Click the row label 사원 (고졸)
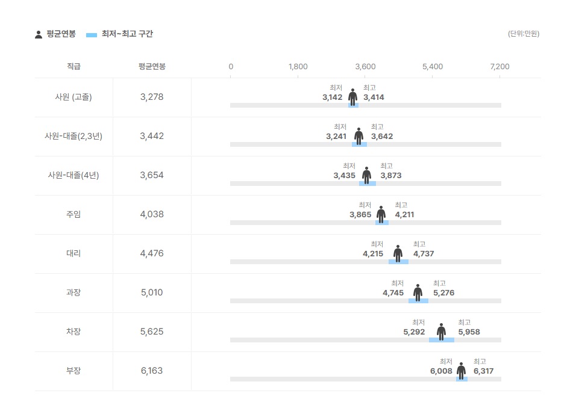tap(74, 97)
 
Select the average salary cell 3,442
tap(152, 136)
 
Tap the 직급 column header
tap(74, 66)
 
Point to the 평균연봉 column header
tap(152, 66)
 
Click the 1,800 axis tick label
tap(298, 66)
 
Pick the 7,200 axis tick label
tap(499, 66)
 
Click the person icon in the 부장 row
tap(461, 371)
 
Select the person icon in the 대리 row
tap(398, 253)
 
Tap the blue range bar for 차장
tap(442, 340)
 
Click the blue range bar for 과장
tap(418, 301)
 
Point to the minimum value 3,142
tap(332, 97)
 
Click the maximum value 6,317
tap(483, 371)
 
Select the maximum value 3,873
tap(390, 176)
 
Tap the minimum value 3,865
tap(360, 215)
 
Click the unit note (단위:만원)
tap(524, 34)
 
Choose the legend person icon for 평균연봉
tap(39, 34)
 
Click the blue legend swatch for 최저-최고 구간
tap(92, 35)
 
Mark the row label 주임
tap(74, 214)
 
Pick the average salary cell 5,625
tap(152, 332)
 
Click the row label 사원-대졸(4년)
tap(74, 175)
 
